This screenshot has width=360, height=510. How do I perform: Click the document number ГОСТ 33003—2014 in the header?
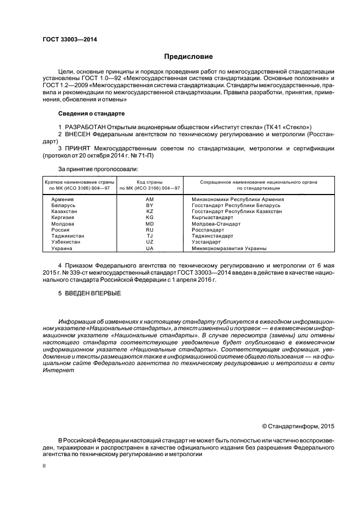tap(66, 40)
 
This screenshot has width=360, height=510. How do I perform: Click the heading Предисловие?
tap(188, 57)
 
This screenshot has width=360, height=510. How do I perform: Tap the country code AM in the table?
tap(150, 199)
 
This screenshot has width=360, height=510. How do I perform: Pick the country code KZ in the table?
tap(150, 211)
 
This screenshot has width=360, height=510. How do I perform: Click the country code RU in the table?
tap(150, 230)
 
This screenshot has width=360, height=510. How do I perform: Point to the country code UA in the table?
tap(150, 248)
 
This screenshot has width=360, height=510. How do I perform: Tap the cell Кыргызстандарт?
tap(212, 217)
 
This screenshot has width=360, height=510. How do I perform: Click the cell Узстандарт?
tap(206, 242)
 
